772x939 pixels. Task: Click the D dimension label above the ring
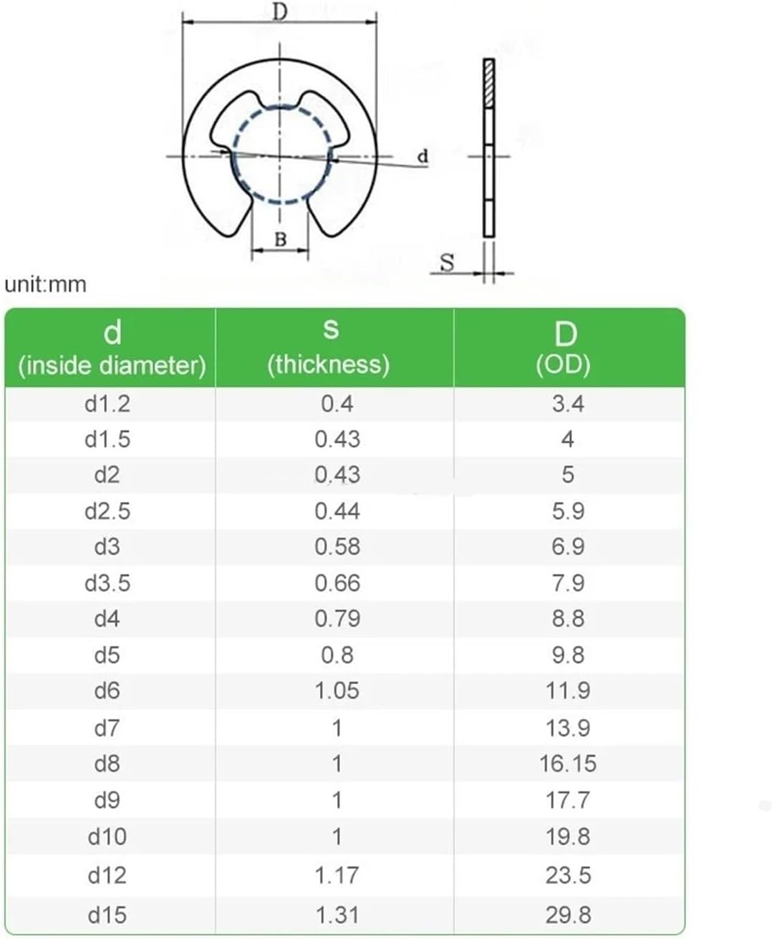coord(280,11)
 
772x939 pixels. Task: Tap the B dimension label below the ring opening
coord(280,240)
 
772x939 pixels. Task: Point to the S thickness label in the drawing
coord(447,263)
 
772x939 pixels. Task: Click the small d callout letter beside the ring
coord(423,156)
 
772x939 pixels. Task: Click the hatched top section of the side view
coord(489,83)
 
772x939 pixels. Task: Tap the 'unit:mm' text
coord(45,284)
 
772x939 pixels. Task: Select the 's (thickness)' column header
coord(329,347)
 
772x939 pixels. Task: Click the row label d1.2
coord(107,404)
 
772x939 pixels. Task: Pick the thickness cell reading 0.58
coord(337,547)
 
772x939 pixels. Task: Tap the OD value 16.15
coord(567,764)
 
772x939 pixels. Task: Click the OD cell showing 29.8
coord(568,915)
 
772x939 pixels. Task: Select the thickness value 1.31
coord(337,915)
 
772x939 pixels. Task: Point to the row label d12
coord(107,875)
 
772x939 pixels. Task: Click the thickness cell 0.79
coord(337,619)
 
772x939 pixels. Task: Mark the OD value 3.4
coord(567,404)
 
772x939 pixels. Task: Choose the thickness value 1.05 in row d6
coord(337,691)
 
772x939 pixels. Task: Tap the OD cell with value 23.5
coord(568,875)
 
